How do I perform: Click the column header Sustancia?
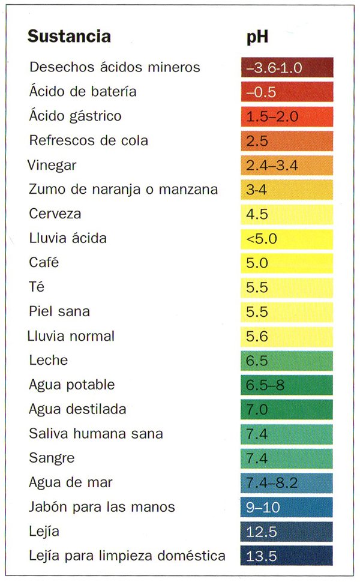pyautogui.click(x=69, y=37)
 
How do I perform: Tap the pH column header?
pyautogui.click(x=257, y=37)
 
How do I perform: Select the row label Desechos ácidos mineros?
pyautogui.click(x=115, y=67)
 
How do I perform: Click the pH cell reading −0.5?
pyautogui.click(x=286, y=92)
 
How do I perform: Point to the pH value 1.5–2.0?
pyautogui.click(x=286, y=116)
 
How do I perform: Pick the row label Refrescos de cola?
pyautogui.click(x=88, y=141)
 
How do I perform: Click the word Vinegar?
pyautogui.click(x=52, y=166)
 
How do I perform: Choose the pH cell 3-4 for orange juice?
pyautogui.click(x=286, y=190)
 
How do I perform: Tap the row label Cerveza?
pyautogui.click(x=55, y=214)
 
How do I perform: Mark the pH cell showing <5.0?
pyautogui.click(x=286, y=239)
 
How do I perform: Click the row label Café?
pyautogui.click(x=44, y=263)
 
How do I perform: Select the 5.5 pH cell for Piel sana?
pyautogui.click(x=286, y=312)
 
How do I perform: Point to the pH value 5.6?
pyautogui.click(x=286, y=337)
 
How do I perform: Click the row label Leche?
pyautogui.click(x=49, y=361)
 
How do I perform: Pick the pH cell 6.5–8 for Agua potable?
pyautogui.click(x=286, y=385)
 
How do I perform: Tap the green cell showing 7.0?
pyautogui.click(x=286, y=410)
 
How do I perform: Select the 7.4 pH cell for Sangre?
pyautogui.click(x=286, y=458)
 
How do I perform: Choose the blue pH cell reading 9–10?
pyautogui.click(x=286, y=508)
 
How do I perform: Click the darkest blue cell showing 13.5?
pyautogui.click(x=286, y=556)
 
